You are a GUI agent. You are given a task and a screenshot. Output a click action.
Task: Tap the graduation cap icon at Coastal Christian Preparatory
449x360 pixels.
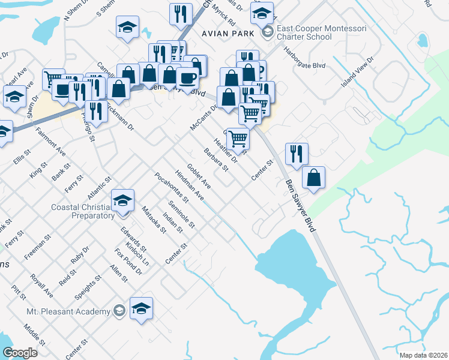click(122, 200)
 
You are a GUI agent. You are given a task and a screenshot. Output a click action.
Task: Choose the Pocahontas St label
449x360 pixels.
click(172, 187)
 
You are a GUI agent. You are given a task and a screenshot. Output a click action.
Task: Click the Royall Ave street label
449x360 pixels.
click(42, 286)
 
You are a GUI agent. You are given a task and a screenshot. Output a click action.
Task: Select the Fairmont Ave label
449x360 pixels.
click(50, 140)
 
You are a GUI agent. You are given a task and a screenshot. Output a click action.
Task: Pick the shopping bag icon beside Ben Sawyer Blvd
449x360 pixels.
click(313, 178)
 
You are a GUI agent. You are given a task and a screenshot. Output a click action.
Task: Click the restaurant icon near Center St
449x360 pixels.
click(297, 154)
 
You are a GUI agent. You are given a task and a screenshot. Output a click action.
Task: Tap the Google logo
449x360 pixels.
click(20, 353)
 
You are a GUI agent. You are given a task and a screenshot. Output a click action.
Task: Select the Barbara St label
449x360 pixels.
click(216, 160)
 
